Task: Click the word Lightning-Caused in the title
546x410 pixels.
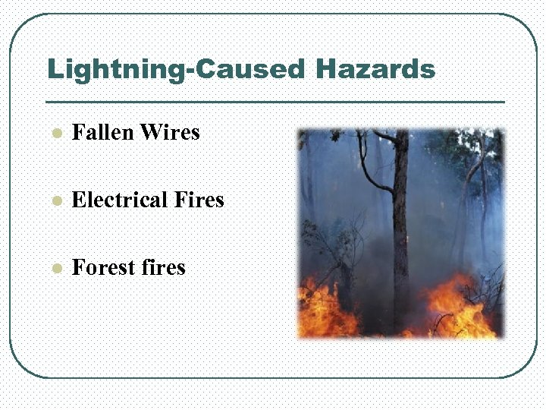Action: pos(175,70)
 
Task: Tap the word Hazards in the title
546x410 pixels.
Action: pos(375,70)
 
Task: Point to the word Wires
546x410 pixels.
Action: pos(170,133)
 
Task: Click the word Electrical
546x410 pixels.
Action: pos(119,200)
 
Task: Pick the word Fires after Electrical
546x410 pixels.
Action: pos(199,200)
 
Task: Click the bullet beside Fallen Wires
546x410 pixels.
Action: pos(55,134)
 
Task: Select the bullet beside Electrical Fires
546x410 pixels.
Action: pos(55,202)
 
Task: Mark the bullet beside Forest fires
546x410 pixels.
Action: pos(55,270)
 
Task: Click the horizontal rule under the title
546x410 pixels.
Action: pos(275,102)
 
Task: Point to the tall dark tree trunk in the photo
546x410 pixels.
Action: pos(400,228)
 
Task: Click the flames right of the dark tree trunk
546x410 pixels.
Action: pos(455,307)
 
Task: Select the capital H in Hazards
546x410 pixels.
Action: pos(325,70)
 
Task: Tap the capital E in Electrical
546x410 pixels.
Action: pos(78,200)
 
